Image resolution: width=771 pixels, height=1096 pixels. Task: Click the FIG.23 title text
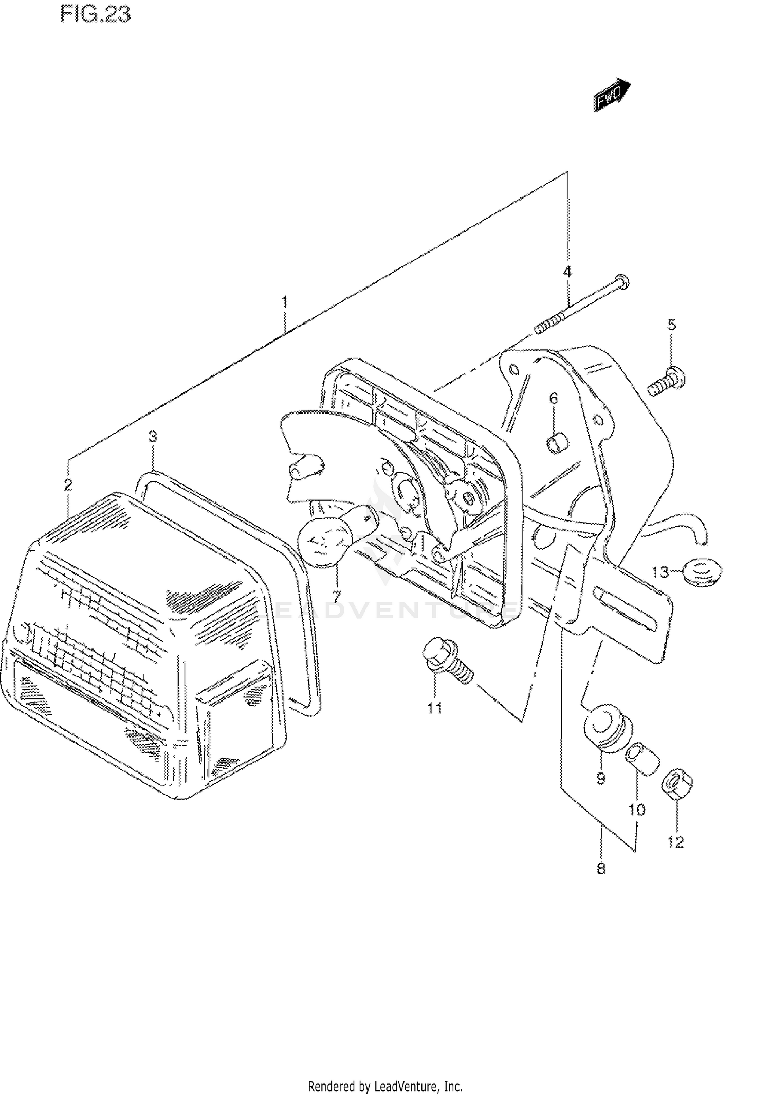click(95, 14)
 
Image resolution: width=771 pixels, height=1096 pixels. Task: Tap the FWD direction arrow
click(612, 95)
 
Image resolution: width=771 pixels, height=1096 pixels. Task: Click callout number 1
click(285, 302)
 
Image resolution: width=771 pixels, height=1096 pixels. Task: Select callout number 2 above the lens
click(68, 484)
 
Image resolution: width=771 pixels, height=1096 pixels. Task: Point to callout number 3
click(153, 437)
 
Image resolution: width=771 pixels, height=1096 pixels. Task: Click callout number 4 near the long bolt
click(567, 272)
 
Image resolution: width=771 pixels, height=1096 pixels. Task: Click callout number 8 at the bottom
click(601, 869)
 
